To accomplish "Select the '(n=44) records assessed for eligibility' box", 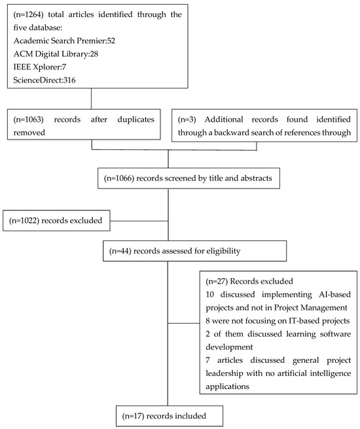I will click(x=193, y=250).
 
